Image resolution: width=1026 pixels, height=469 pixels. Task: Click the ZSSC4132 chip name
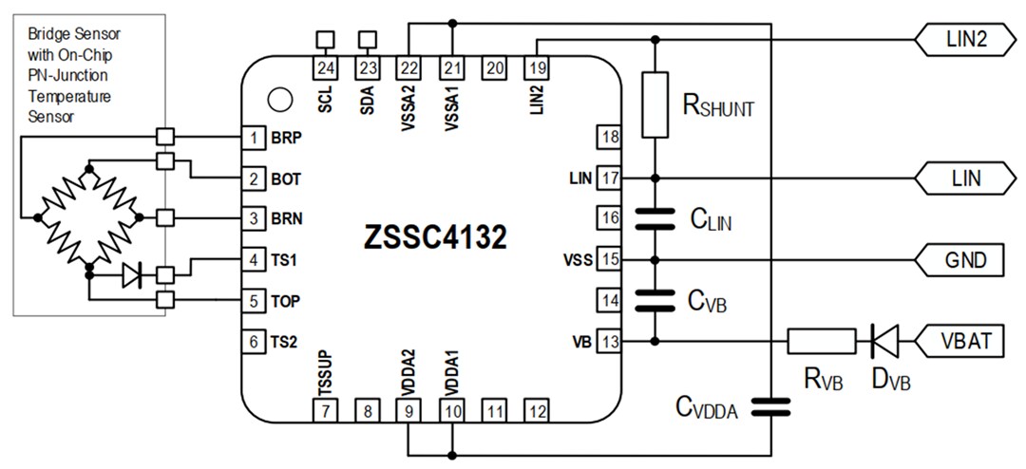[434, 237]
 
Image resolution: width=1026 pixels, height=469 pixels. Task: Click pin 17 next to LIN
[608, 178]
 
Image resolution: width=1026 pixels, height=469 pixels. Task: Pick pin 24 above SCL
[326, 67]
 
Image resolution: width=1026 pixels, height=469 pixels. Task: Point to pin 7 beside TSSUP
[326, 411]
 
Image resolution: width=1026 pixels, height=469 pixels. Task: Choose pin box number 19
[537, 67]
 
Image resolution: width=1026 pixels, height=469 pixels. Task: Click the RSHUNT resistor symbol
[655, 104]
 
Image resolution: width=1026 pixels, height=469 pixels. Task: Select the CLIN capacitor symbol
[655, 218]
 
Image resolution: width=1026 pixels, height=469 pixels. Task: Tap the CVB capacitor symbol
[655, 300]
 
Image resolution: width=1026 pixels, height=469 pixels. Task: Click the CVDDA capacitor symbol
[769, 407]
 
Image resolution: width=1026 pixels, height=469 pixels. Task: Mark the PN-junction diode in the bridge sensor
[132, 275]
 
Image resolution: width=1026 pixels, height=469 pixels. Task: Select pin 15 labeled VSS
[608, 258]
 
